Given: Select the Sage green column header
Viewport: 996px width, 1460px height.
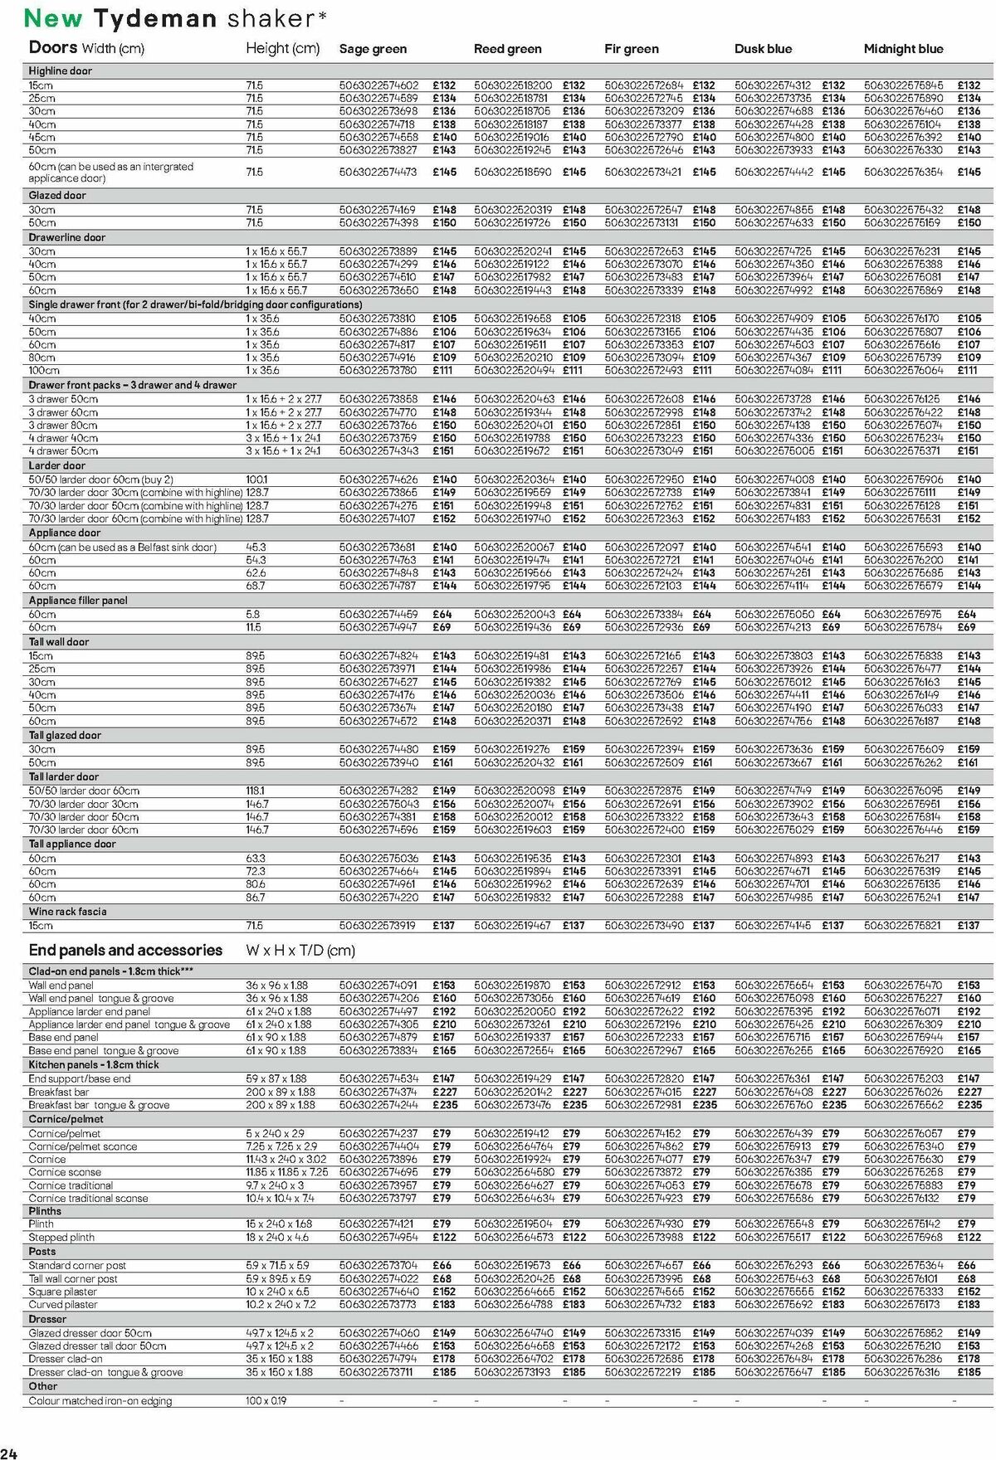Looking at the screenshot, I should (373, 49).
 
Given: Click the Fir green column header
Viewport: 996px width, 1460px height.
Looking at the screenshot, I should (631, 49).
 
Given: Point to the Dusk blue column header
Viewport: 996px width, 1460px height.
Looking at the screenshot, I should (763, 49).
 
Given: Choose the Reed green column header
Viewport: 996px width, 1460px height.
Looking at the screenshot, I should (507, 49).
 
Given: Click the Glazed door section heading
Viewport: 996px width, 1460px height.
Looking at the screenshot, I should (57, 196).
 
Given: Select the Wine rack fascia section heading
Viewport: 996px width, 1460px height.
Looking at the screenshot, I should (67, 912).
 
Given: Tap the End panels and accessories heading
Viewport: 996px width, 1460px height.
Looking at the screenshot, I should (125, 951).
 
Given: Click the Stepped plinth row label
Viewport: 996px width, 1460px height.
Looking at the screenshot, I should (61, 1237).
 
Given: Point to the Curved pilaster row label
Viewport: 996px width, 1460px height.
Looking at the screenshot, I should (63, 1305).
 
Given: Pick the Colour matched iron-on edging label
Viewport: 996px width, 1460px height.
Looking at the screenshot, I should (100, 1401).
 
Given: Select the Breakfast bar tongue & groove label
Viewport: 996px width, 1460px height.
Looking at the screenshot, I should (99, 1105).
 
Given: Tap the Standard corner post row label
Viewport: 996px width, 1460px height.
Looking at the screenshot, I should (77, 1265).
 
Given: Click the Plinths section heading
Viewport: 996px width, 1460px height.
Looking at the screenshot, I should (45, 1211).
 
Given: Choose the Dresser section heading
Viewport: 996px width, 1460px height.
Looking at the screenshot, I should (47, 1319).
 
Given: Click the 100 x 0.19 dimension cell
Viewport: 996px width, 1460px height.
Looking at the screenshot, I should (266, 1401).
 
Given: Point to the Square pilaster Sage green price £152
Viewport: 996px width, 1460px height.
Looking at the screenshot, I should (444, 1292).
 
